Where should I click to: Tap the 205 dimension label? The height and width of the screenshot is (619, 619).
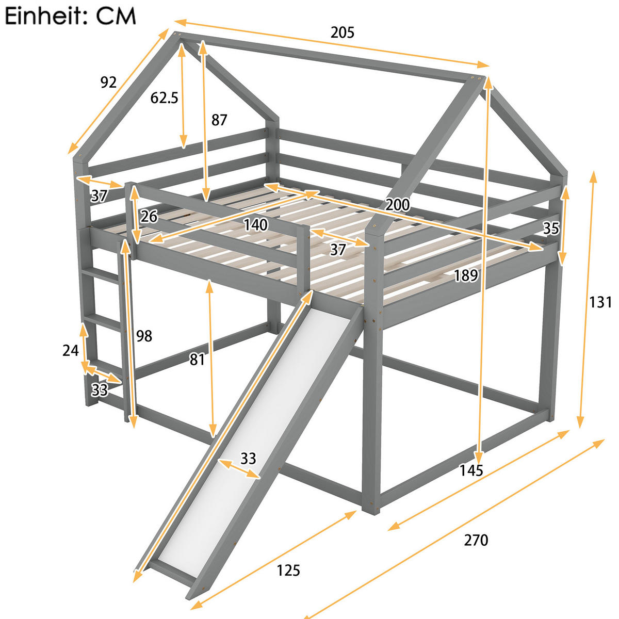click(x=343, y=32)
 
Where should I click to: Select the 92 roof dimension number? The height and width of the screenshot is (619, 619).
click(x=108, y=83)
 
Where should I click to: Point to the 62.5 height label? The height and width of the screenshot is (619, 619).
click(x=164, y=97)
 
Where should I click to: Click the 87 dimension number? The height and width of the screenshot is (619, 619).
click(x=219, y=120)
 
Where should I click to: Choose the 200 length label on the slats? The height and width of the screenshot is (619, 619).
click(x=397, y=204)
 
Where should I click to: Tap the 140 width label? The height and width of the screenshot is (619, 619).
click(x=255, y=224)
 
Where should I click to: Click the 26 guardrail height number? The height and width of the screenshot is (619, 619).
click(x=149, y=216)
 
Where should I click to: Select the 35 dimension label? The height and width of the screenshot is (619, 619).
click(x=551, y=228)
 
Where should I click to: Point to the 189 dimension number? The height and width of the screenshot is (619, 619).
click(x=466, y=275)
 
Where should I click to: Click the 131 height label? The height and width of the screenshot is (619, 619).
click(x=600, y=302)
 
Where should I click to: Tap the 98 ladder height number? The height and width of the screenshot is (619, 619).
click(x=144, y=336)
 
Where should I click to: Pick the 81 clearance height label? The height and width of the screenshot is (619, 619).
click(x=197, y=360)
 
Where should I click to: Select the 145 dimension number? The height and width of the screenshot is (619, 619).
click(x=471, y=470)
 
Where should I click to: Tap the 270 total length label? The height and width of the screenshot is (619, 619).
click(x=476, y=540)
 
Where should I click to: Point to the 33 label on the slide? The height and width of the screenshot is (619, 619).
click(x=248, y=459)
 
